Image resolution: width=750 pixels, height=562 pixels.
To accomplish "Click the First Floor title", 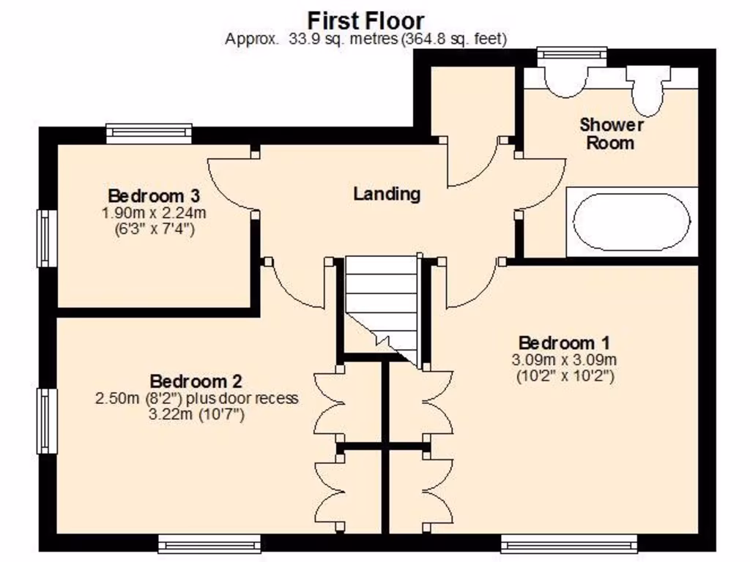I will coord(365,19).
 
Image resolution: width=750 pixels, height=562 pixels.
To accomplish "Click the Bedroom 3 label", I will coord(154,196).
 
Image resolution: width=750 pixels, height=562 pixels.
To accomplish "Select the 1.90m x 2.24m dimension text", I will coord(154,213).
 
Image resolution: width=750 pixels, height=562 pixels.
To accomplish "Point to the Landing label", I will coord(387,194).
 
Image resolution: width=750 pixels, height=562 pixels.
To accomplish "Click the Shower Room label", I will coord(612,133).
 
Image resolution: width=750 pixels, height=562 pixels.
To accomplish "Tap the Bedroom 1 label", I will coord(564,342).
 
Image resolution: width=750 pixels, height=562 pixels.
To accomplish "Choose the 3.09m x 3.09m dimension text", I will coord(564,360).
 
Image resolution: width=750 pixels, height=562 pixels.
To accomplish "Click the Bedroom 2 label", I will coord(196,381).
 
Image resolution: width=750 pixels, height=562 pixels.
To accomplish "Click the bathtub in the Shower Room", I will coord(631,222).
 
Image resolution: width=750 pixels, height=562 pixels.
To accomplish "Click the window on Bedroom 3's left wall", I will coord(48,239).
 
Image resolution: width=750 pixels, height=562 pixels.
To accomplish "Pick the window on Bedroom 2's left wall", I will coord(48,421).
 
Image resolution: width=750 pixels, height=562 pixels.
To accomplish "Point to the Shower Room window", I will coord(571,56).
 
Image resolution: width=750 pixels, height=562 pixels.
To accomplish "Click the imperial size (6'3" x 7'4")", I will coord(154,229).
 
